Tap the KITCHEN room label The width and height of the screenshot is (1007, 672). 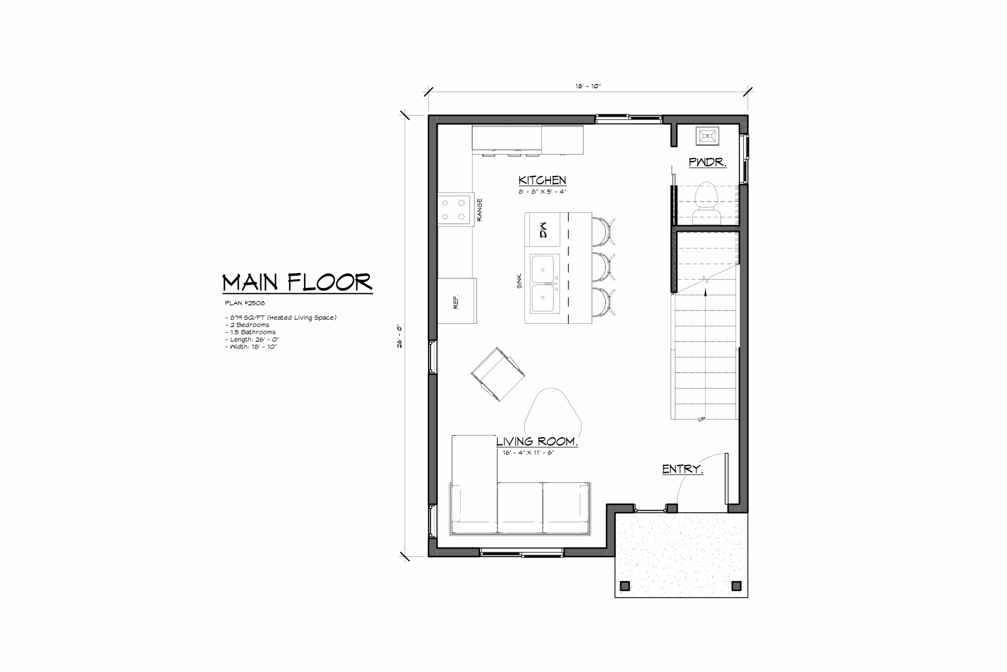542,180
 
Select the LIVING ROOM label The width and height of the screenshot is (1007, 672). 537,441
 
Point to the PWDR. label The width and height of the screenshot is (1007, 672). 707,162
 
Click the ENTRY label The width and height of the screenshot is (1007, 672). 682,469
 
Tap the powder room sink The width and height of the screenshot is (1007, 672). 707,136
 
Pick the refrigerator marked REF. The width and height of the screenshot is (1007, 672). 457,300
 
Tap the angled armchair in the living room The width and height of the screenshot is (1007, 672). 498,374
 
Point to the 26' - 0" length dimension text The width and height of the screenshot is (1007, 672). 400,336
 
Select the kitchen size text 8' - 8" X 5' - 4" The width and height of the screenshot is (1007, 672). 542,192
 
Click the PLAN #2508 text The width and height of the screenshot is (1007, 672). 245,303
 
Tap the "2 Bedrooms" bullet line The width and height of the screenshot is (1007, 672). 247,325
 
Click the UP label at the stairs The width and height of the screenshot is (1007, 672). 701,419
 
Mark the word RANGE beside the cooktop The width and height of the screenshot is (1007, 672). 480,209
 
